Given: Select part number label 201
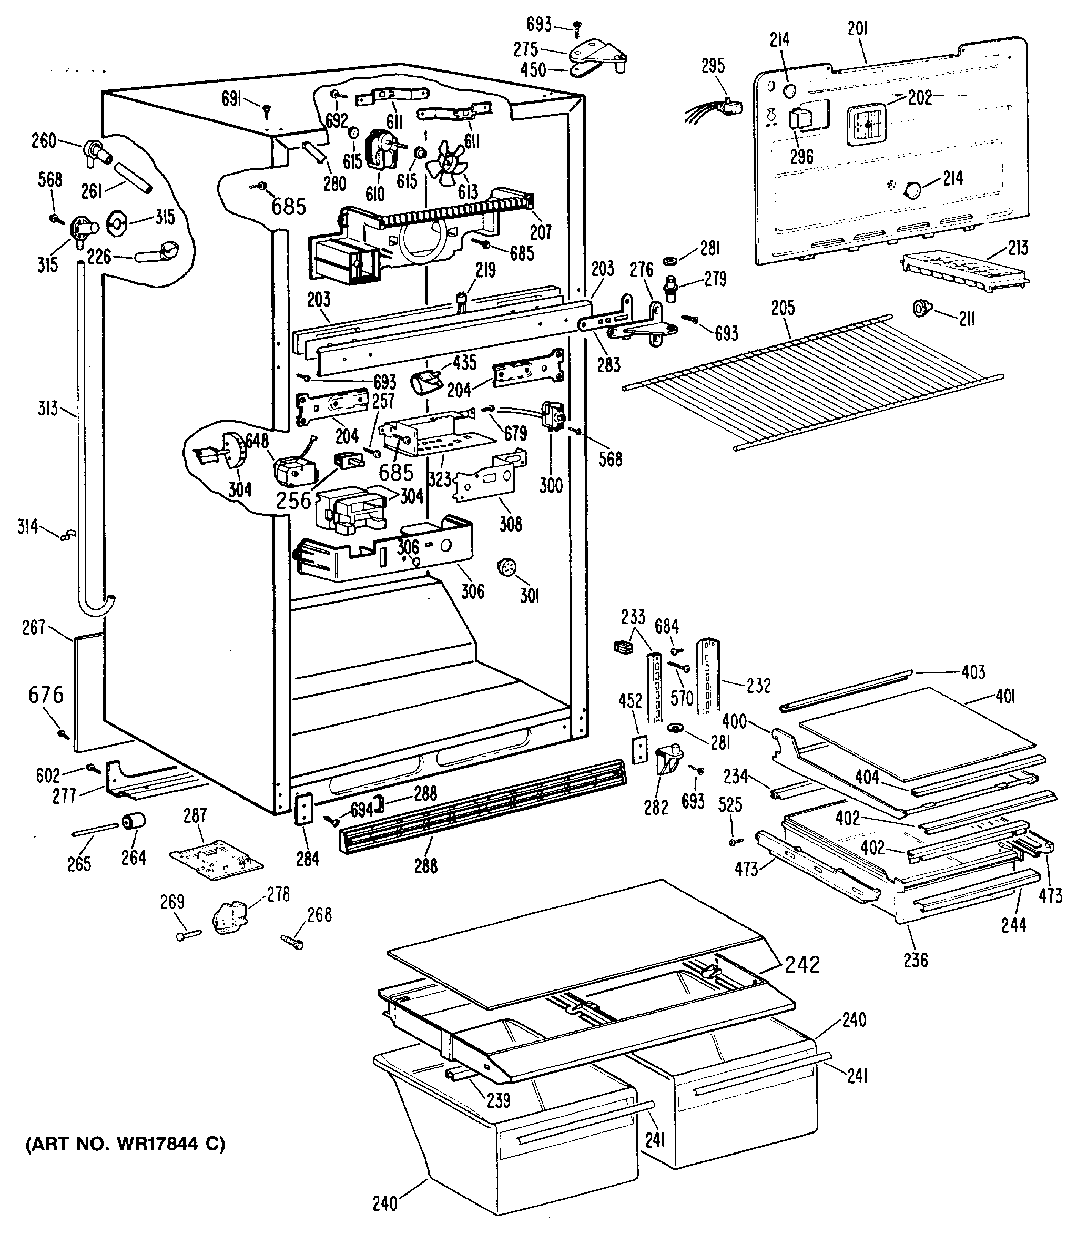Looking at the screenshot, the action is (x=858, y=28).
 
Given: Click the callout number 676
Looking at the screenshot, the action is (x=46, y=695).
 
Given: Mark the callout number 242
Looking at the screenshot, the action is (x=803, y=964).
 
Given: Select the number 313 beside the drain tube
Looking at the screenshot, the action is (x=47, y=409).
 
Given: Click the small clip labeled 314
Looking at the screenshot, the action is (x=67, y=534).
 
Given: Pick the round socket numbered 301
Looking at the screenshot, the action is (x=508, y=567).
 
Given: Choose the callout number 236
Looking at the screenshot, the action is (x=916, y=960).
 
